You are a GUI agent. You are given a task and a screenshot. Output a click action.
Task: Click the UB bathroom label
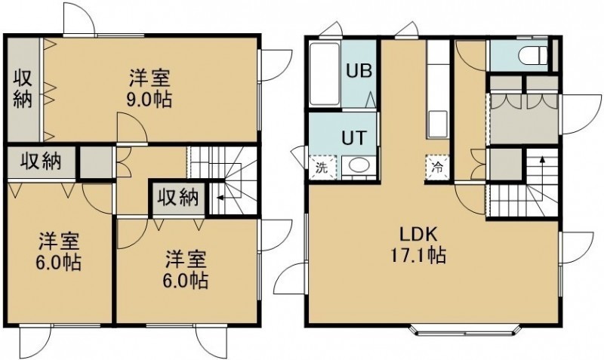coord(359,71)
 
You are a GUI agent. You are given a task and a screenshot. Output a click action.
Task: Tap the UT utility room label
coord(354,138)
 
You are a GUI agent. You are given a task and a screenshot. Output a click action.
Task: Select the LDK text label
coord(418,234)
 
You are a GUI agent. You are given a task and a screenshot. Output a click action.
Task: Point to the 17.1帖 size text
coord(419,255)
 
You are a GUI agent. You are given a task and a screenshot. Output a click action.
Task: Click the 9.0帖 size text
coord(149,100)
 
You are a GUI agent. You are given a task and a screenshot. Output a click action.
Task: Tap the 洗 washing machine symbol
coord(322,168)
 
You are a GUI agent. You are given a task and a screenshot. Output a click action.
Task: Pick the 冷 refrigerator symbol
coord(438,168)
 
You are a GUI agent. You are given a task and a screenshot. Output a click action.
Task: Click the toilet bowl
coord(532,56)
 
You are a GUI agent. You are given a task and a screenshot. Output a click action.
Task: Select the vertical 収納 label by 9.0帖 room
coord(23,89)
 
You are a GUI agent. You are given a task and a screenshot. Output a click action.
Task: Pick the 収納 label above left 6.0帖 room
coord(41,161)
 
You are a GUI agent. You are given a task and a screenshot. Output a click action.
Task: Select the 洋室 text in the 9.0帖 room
coord(149,78)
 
